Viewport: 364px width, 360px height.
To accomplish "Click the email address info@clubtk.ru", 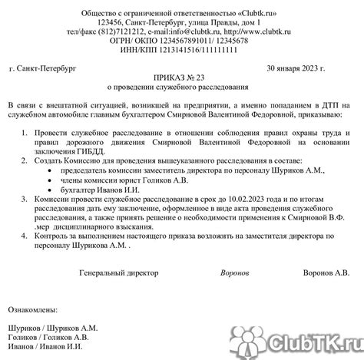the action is [186, 33].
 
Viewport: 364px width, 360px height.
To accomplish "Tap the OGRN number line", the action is [182, 43].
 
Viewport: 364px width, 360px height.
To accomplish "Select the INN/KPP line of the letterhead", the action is [182, 53].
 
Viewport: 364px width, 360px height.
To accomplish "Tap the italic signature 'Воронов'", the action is [234, 272].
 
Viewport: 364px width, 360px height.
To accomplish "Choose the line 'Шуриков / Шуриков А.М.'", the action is [52, 326].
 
